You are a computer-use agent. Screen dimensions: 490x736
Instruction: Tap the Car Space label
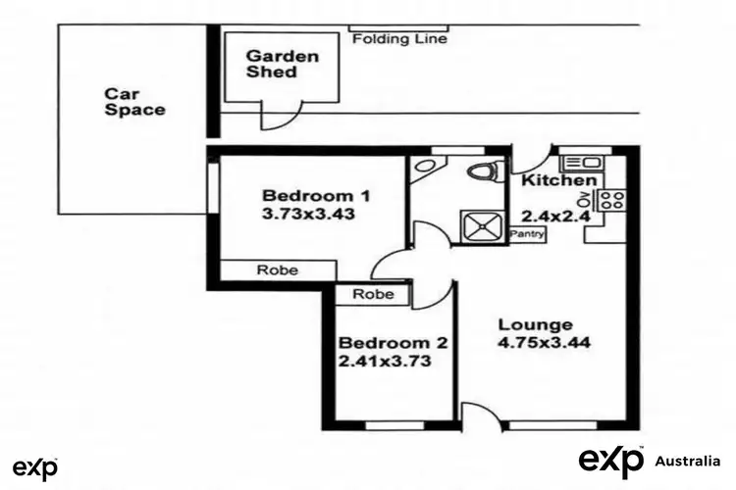134,102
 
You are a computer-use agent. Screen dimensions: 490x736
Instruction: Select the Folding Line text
398,39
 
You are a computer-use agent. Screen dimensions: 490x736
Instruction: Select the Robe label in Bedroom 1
278,270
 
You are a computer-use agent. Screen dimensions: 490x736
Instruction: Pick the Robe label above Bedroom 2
373,294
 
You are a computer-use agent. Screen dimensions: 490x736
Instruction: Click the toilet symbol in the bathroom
482,172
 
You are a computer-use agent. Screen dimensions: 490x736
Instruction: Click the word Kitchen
557,181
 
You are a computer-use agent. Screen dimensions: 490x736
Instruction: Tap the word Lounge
535,324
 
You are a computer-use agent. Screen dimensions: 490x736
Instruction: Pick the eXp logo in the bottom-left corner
34,467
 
